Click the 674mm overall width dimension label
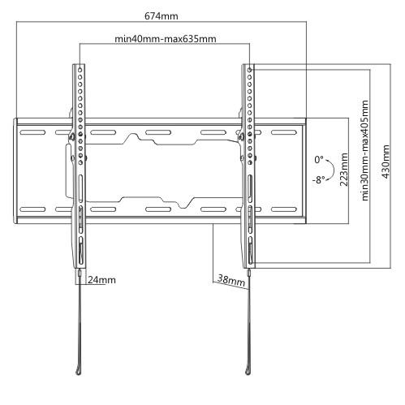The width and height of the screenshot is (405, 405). point(162,16)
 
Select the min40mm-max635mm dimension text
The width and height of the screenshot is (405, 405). point(166,39)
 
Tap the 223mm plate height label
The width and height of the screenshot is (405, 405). point(344,170)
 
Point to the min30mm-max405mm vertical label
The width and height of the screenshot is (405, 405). point(365,150)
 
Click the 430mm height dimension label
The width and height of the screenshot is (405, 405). point(386,162)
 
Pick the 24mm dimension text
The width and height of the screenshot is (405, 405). point(101,280)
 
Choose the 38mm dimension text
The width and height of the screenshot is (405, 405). point(231,280)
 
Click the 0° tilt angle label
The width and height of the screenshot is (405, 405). point(319,160)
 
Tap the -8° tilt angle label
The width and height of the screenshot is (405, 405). point(318,179)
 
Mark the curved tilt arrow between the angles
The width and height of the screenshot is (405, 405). point(334,170)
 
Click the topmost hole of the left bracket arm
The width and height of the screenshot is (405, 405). point(80,70)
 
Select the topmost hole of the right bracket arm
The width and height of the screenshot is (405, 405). point(249,70)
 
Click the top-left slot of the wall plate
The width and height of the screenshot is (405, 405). point(32,132)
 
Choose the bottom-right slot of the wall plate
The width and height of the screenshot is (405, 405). point(284,209)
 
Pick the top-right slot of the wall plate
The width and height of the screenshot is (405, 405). point(284,132)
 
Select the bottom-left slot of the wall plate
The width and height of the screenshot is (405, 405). point(32,209)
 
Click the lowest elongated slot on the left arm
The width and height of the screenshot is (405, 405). point(80,250)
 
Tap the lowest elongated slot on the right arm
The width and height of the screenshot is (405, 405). point(250,250)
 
